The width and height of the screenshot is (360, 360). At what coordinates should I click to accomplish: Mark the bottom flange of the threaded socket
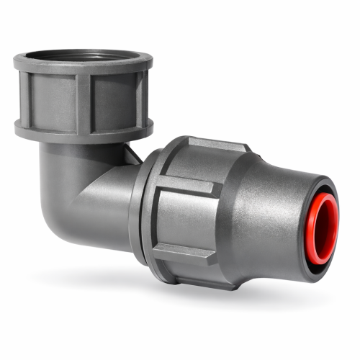pos(83,133)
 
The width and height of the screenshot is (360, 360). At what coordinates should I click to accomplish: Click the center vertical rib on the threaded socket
pos(84,101)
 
